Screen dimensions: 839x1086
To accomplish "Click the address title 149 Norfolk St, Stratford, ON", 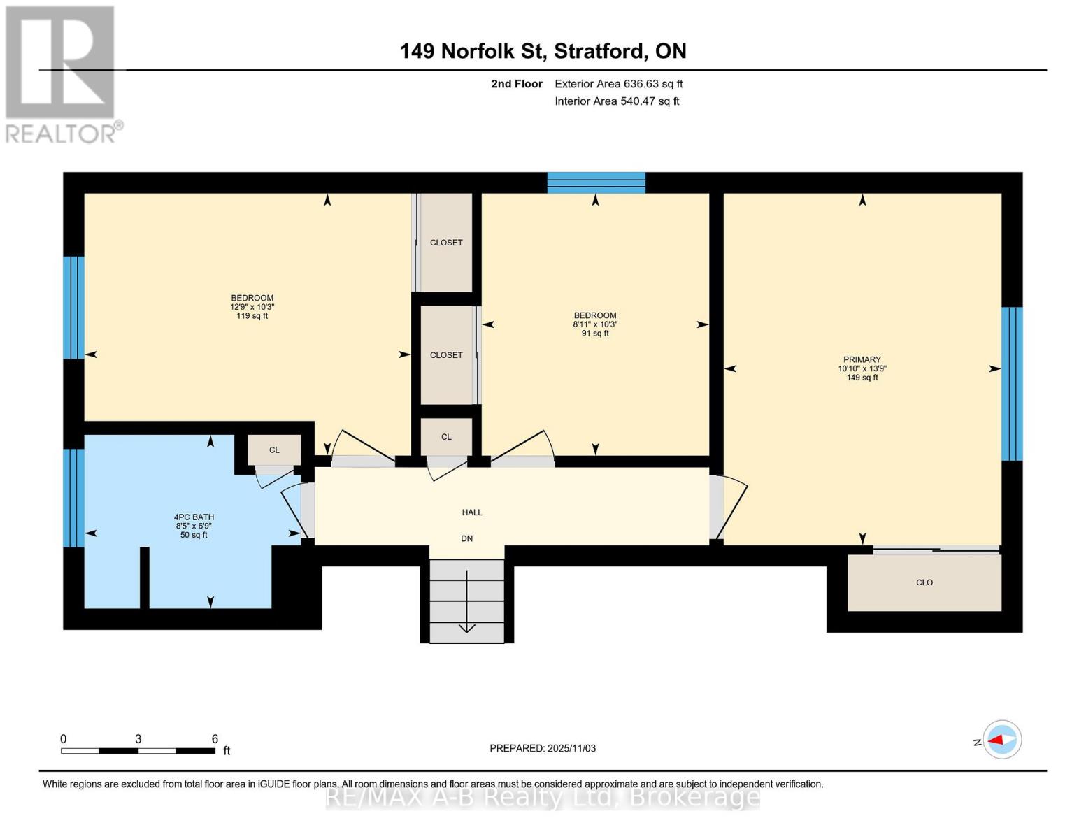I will (543, 51).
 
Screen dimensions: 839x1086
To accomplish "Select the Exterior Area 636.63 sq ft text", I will (618, 84).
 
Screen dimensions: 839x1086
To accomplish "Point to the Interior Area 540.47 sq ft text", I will (617, 101).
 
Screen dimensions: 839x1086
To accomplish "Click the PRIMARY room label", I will (862, 359).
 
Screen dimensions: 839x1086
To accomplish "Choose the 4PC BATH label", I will (194, 517).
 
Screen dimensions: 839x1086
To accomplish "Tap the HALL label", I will (472, 512).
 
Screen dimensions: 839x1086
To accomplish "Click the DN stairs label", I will (466, 538).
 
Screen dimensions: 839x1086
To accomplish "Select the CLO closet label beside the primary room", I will (924, 582).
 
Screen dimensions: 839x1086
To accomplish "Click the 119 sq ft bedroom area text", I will (252, 316).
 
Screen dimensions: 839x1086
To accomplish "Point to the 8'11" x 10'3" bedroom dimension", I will (595, 324).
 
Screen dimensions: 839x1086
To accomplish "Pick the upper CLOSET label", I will (446, 243).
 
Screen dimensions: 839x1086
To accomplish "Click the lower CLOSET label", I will (446, 355).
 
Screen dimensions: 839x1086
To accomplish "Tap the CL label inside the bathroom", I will (274, 450).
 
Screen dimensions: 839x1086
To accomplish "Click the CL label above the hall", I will (446, 437).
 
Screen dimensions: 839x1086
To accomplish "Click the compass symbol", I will (1002, 740).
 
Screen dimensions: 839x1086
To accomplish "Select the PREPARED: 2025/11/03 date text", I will (543, 748).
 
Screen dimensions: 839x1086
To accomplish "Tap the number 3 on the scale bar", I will (138, 739).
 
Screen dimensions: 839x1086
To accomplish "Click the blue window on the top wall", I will (596, 182).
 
